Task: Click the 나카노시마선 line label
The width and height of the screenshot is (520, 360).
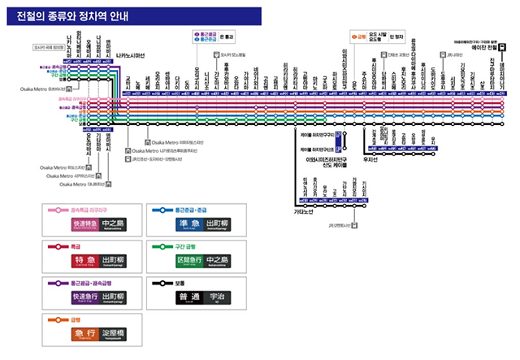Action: (x=129, y=57)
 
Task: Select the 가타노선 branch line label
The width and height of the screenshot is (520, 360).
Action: (x=304, y=212)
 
